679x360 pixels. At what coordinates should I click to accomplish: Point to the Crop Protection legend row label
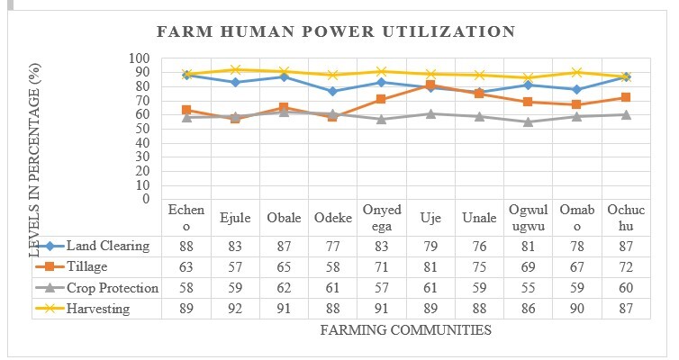[113, 288]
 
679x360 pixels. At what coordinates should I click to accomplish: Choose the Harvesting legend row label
[99, 309]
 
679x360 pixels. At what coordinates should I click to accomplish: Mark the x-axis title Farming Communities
[406, 330]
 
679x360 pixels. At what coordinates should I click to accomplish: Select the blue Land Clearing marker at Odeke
[331, 91]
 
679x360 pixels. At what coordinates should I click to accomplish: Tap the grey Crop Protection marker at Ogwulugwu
[528, 121]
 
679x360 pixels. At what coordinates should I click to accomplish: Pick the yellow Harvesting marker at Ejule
[234, 69]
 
